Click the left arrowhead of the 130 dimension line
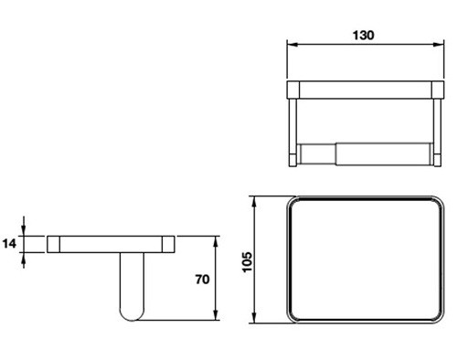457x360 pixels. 292,46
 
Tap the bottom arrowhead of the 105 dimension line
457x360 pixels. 257,322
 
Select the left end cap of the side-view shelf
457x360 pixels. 54,244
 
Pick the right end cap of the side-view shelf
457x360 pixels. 169,244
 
